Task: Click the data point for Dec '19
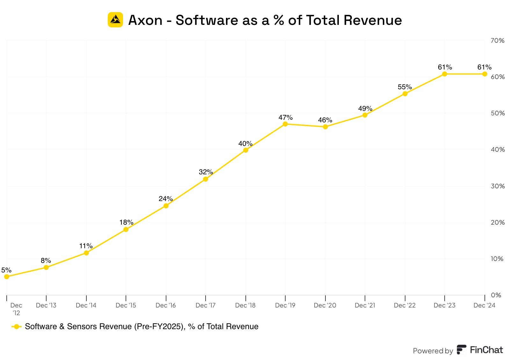click(285, 124)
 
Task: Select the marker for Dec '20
click(325, 127)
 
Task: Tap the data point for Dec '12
click(7, 277)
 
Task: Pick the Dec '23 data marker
click(445, 74)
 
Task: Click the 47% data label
click(285, 118)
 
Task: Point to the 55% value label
click(405, 87)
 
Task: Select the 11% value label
click(86, 246)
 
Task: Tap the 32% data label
click(206, 172)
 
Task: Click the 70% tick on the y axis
click(497, 40)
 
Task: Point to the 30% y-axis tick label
click(497, 186)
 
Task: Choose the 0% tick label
click(496, 295)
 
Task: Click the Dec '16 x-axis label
click(166, 305)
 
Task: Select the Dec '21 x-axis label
click(365, 305)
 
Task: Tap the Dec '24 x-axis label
click(484, 305)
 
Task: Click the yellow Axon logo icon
click(115, 20)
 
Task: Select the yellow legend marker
click(17, 327)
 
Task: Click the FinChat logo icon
click(461, 350)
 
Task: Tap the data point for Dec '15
click(126, 229)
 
